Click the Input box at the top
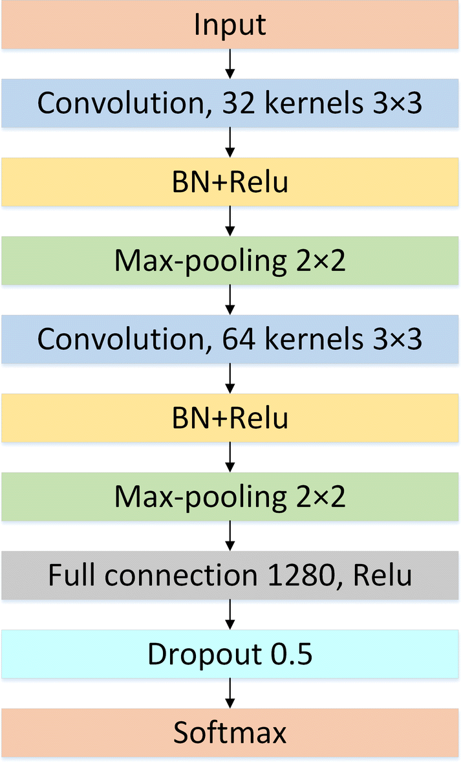point(230,25)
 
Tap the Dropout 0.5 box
point(230,654)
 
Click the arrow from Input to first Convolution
point(230,63)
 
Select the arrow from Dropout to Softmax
point(230,693)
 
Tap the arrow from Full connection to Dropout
point(230,615)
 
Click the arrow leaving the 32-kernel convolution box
point(230,142)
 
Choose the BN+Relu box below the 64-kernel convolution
point(230,419)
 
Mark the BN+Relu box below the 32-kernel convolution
point(230,182)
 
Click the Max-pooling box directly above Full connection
point(230,497)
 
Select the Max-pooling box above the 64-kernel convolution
point(230,261)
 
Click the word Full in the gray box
point(70,575)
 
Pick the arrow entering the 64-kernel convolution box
point(230,299)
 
